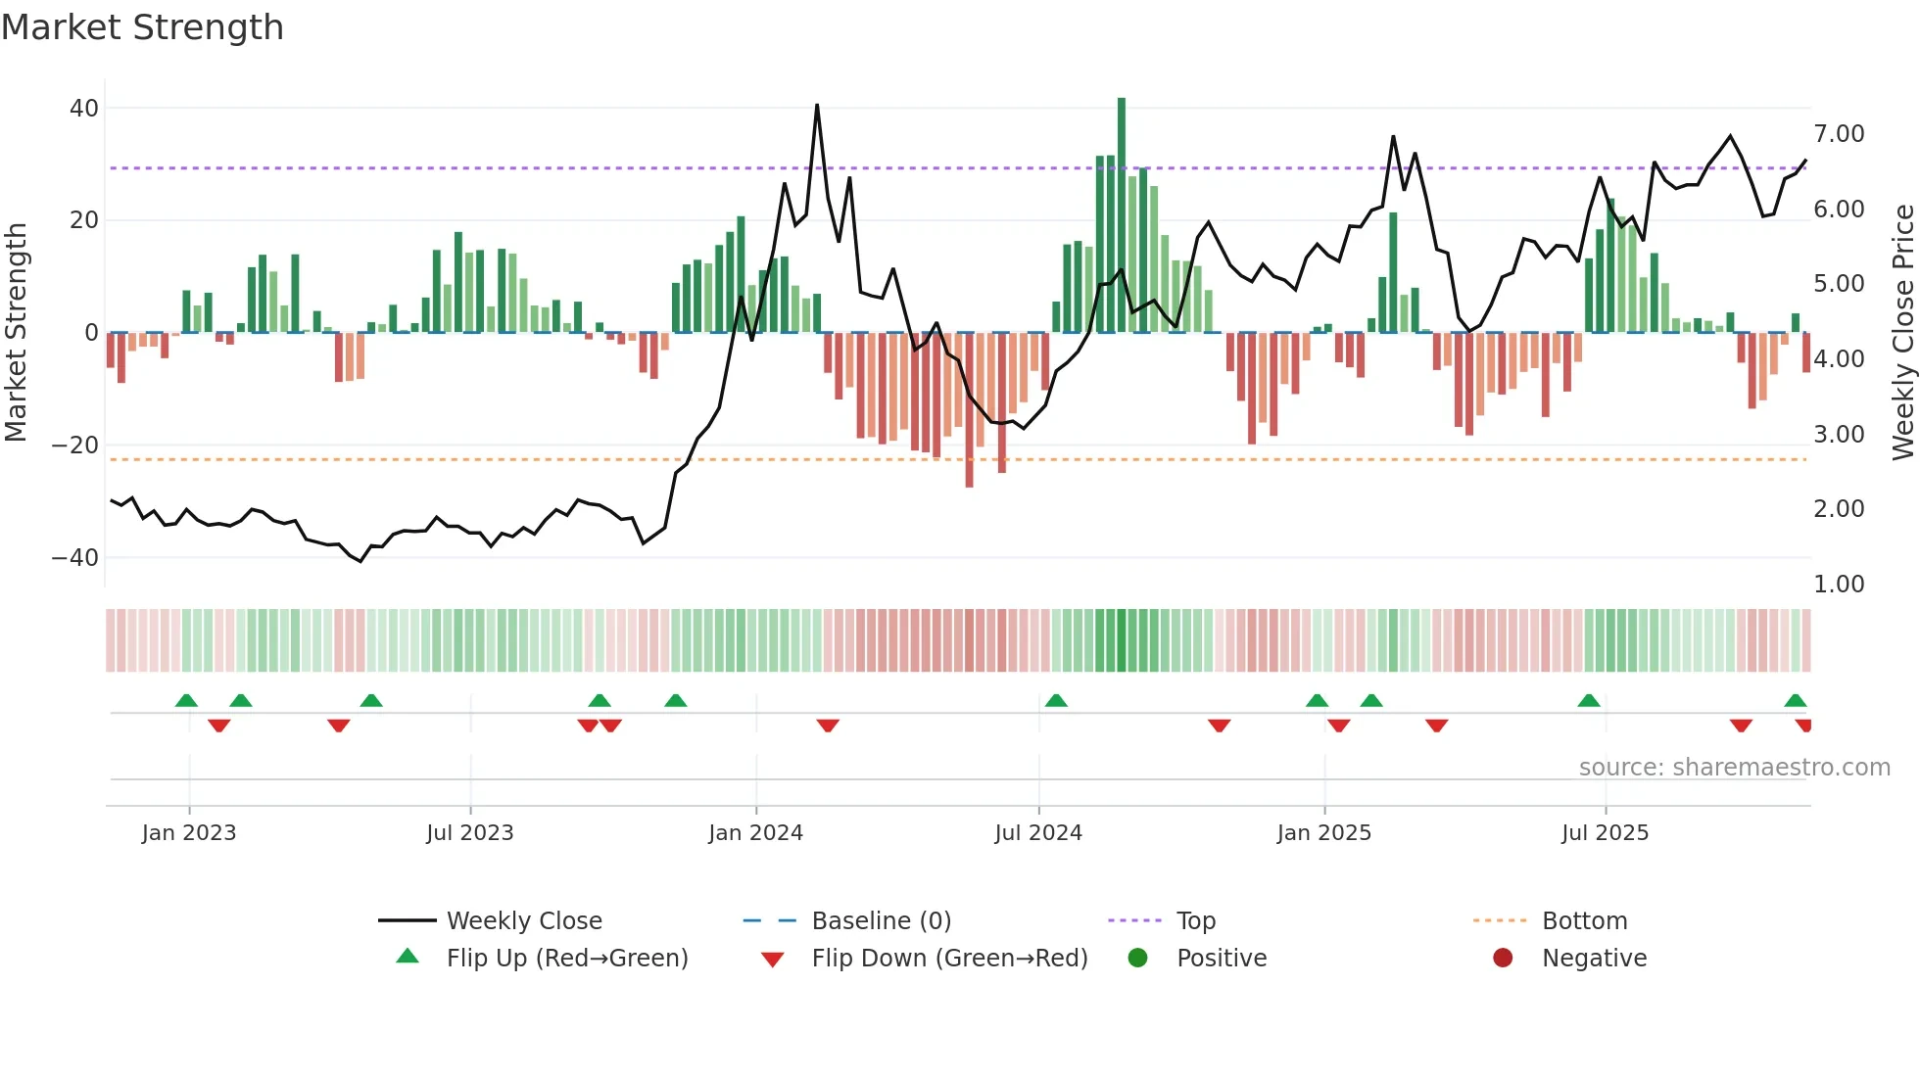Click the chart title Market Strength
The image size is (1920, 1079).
pyautogui.click(x=142, y=27)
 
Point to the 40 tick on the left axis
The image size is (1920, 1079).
pyautogui.click(x=84, y=109)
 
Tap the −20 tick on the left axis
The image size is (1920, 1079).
pyautogui.click(x=74, y=446)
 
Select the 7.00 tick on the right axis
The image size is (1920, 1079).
pyautogui.click(x=1839, y=134)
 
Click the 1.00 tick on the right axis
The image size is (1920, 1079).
pyautogui.click(x=1839, y=585)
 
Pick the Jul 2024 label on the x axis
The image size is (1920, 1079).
pyautogui.click(x=1038, y=833)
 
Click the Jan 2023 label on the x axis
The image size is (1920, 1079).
pyautogui.click(x=189, y=833)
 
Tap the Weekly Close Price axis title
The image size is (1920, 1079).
pyautogui.click(x=1902, y=332)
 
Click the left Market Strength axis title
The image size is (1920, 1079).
pyautogui.click(x=17, y=332)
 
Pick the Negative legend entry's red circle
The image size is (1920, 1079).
pyautogui.click(x=1503, y=959)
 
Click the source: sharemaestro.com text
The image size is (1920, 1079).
pyautogui.click(x=1734, y=768)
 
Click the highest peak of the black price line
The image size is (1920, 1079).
pyautogui.click(x=817, y=106)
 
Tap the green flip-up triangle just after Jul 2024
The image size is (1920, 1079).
pyautogui.click(x=1056, y=701)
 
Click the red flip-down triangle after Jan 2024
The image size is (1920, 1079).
pyautogui.click(x=828, y=726)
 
